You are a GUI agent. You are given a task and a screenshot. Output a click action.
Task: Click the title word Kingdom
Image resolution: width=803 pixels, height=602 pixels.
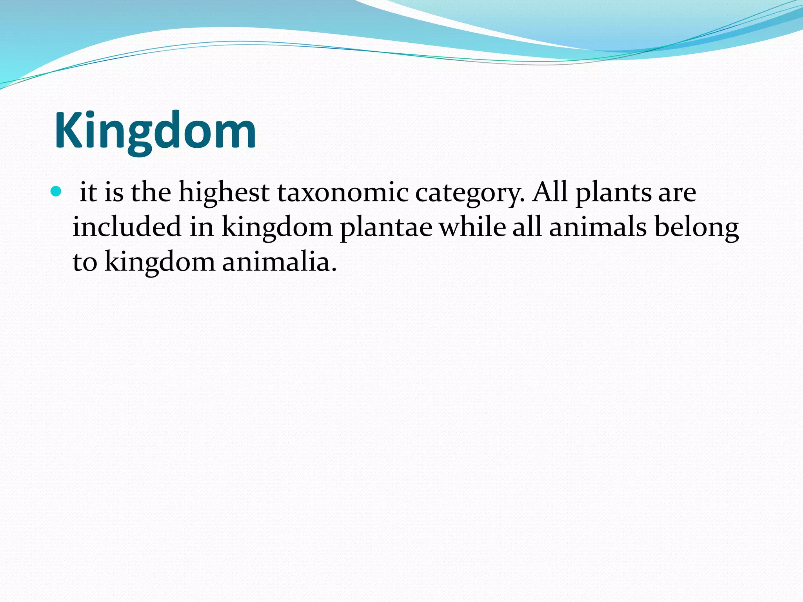[155, 131]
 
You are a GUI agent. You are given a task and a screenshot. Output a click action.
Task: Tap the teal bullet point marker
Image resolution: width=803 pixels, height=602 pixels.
[56, 192]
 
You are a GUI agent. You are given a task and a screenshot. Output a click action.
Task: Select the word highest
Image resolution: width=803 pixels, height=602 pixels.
[224, 193]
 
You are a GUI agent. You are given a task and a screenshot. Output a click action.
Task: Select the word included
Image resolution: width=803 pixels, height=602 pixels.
[127, 227]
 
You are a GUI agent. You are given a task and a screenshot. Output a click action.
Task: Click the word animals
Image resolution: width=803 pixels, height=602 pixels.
[597, 227]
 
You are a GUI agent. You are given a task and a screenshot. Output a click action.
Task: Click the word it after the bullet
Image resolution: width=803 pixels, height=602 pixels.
[88, 193]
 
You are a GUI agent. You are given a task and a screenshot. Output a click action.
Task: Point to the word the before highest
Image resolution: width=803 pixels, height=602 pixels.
[151, 192]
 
